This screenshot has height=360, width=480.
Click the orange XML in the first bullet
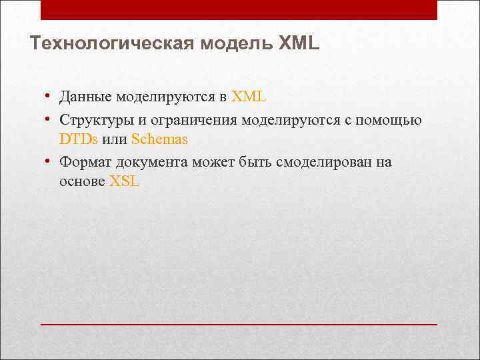249,97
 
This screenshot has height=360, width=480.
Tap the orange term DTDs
79,139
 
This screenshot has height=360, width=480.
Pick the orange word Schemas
159,139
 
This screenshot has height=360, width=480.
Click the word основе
82,182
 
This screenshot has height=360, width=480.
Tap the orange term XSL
124,182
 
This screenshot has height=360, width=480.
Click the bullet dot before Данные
49,95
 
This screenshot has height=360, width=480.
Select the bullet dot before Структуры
49,118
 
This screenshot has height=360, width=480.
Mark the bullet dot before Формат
49,161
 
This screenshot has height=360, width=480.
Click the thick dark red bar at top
239,9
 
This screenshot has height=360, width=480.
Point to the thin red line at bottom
239,324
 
